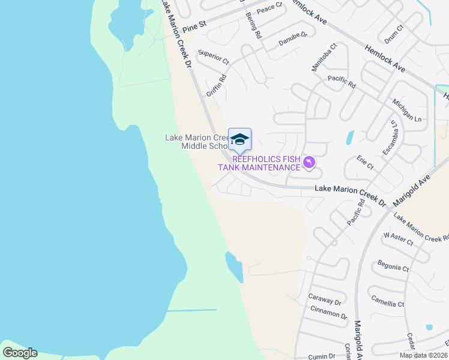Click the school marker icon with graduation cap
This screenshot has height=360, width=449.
[240, 140]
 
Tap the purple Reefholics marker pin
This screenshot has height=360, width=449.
[309, 163]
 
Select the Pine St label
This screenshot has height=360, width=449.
[194, 28]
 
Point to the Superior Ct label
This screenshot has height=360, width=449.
[214, 57]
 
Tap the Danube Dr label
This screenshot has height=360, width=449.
[292, 40]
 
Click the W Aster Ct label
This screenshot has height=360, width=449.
[399, 239]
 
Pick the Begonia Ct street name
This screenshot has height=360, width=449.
[393, 266]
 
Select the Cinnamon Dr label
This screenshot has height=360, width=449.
[329, 313]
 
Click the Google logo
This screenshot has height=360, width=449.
[20, 352]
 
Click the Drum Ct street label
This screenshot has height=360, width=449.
[394, 34]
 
